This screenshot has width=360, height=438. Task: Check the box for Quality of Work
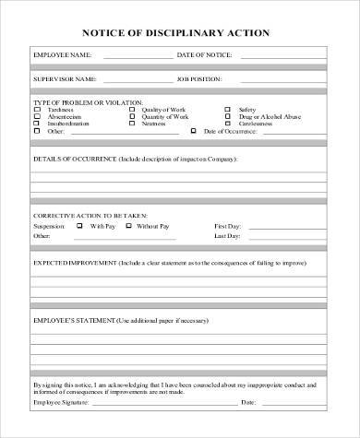pyautogui.click(x=132, y=110)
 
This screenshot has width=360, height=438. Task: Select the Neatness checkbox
pyautogui.click(x=132, y=124)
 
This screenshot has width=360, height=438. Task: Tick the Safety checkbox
pyautogui.click(x=227, y=110)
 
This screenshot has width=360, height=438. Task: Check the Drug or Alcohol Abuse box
pyautogui.click(x=227, y=117)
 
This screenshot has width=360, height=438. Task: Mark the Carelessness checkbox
pyautogui.click(x=227, y=124)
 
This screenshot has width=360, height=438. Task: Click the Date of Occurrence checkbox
pyautogui.click(x=193, y=132)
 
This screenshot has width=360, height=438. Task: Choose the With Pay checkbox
pyautogui.click(x=79, y=225)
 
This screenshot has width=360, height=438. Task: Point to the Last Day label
pyautogui.click(x=227, y=236)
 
